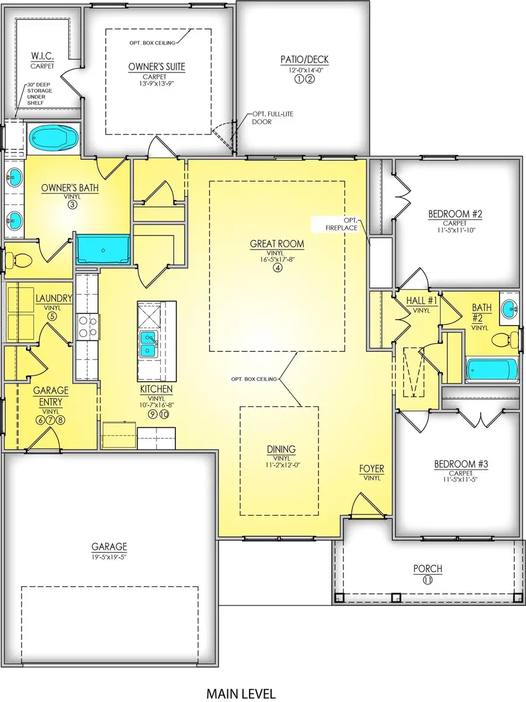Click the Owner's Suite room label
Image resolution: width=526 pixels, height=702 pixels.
(x=157, y=67)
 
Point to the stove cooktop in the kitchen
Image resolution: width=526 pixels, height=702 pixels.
(x=86, y=327)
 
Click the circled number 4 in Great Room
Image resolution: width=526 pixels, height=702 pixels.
(x=278, y=268)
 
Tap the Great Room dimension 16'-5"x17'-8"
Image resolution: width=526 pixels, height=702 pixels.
(x=278, y=260)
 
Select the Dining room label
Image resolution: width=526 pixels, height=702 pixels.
(x=281, y=449)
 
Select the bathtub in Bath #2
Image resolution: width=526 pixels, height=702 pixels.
(x=492, y=371)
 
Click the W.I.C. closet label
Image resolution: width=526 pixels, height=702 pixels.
(x=42, y=57)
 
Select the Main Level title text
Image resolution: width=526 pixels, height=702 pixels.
(x=240, y=693)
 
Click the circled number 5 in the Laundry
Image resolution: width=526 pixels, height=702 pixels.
(x=52, y=316)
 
